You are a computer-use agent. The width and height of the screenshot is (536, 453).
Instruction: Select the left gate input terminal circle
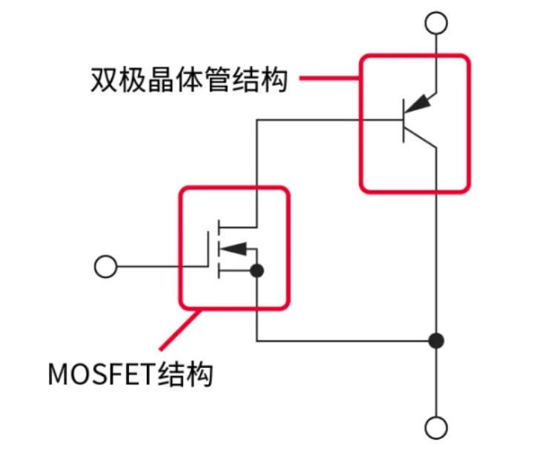click(x=106, y=266)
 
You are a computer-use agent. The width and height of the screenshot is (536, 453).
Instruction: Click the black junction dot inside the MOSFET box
click(x=257, y=271)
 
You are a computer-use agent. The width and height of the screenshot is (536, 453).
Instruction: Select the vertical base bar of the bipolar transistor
click(x=403, y=120)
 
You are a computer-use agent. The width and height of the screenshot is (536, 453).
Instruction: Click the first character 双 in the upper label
click(x=105, y=79)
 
